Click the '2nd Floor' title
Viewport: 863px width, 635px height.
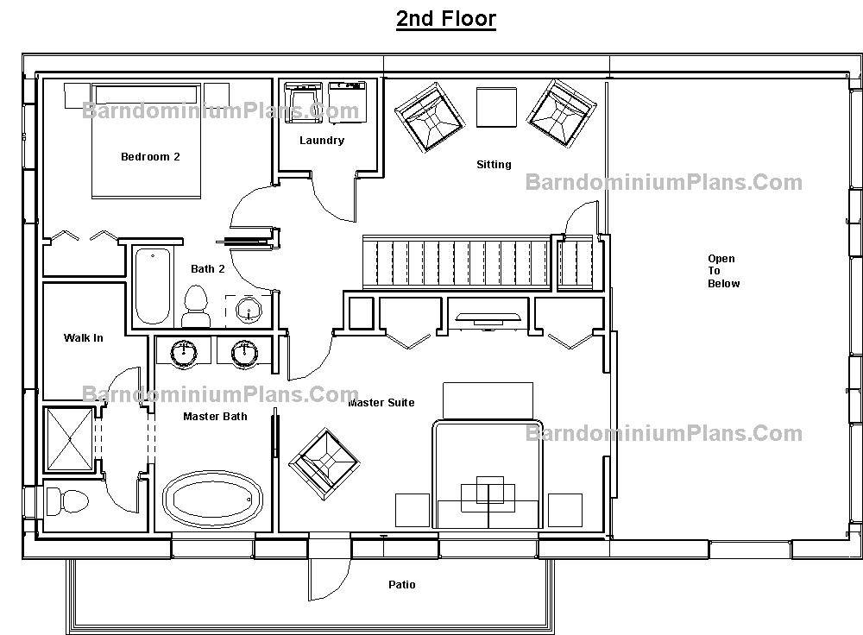(x=446, y=18)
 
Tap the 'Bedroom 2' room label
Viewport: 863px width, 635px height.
(x=150, y=157)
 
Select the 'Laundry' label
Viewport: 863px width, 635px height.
(x=322, y=141)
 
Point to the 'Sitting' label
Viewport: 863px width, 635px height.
(x=494, y=165)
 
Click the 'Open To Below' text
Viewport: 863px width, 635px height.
(x=723, y=271)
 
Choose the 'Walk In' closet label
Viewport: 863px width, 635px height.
(x=83, y=338)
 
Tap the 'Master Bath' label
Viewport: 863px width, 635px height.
(x=215, y=417)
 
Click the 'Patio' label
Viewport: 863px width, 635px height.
(x=402, y=584)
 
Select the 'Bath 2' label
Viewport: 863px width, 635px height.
(x=207, y=269)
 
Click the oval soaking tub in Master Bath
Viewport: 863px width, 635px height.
(x=213, y=500)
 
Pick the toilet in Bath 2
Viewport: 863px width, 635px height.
(x=195, y=307)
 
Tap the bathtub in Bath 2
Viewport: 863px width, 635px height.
(x=153, y=286)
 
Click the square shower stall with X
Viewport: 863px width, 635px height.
(x=69, y=439)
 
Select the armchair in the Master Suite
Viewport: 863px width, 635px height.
(x=324, y=464)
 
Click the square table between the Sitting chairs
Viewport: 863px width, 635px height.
(x=496, y=107)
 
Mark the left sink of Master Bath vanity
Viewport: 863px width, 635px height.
(x=183, y=353)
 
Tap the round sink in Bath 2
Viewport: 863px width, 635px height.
(x=249, y=310)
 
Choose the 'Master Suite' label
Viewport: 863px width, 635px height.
(x=381, y=403)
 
